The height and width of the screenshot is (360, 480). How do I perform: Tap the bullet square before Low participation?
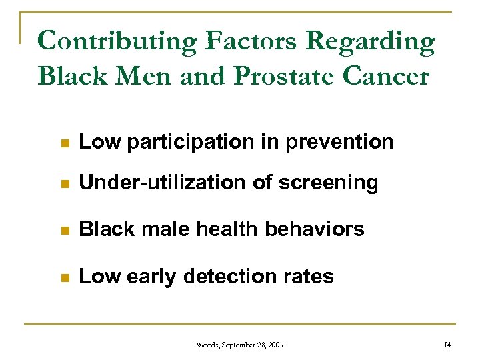coord(64,143)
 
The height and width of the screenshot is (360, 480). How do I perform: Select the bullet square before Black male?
coord(64,231)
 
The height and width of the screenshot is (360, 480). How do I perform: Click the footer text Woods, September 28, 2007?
coord(240,345)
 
